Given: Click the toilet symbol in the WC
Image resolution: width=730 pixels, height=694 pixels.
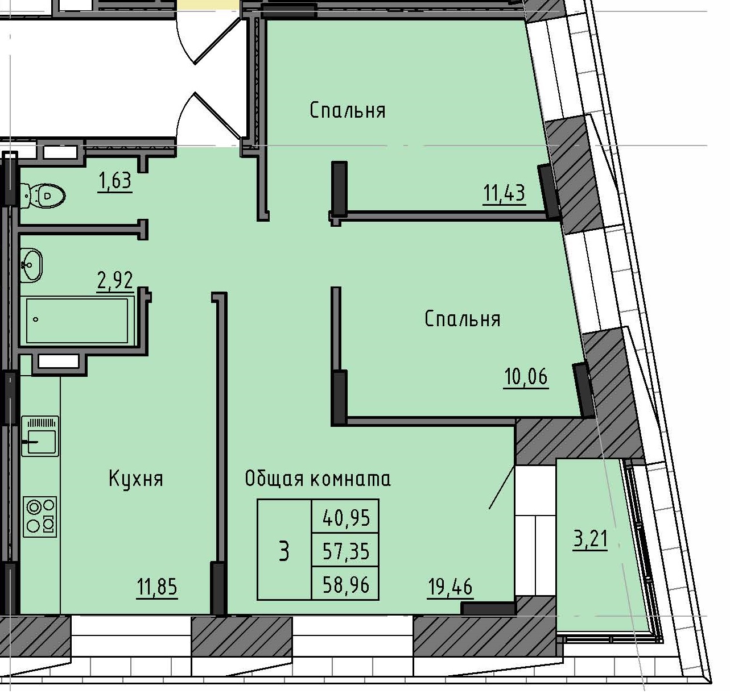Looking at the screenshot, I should click(43, 196).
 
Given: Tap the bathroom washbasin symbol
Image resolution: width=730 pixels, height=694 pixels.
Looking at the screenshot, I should click(31, 265).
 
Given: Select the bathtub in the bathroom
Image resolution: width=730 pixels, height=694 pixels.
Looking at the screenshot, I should click(77, 320).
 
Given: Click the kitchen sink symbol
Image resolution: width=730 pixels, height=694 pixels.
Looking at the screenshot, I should click(40, 436).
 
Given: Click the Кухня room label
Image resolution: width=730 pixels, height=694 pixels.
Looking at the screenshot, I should click(136, 479).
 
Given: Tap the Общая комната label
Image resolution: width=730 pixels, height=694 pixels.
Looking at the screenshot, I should click(317, 479).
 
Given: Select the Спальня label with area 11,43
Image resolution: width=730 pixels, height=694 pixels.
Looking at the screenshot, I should click(347, 110).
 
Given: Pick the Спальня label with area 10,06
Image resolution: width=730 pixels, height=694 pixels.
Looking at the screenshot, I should click(462, 319).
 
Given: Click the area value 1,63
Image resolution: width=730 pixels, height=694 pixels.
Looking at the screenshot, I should click(115, 181).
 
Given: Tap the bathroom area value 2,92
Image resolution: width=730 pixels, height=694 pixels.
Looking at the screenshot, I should click(115, 280).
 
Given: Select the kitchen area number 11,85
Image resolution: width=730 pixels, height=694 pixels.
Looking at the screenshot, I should click(157, 586).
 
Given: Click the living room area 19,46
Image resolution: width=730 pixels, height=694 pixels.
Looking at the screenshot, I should click(449, 586).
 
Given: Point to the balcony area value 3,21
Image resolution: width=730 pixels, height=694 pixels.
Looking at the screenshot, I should click(590, 538).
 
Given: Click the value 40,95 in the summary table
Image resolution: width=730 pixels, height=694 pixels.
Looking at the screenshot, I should click(346, 517).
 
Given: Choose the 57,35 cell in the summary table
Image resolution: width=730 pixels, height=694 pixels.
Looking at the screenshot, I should click(346, 550).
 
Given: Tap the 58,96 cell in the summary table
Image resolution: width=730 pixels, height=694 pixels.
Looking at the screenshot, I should click(346, 584).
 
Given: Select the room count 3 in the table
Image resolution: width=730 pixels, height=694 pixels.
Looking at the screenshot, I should click(284, 551).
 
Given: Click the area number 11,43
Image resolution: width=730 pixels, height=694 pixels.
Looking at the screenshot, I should click(504, 193).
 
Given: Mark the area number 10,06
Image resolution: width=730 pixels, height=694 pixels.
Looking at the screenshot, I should click(526, 376).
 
